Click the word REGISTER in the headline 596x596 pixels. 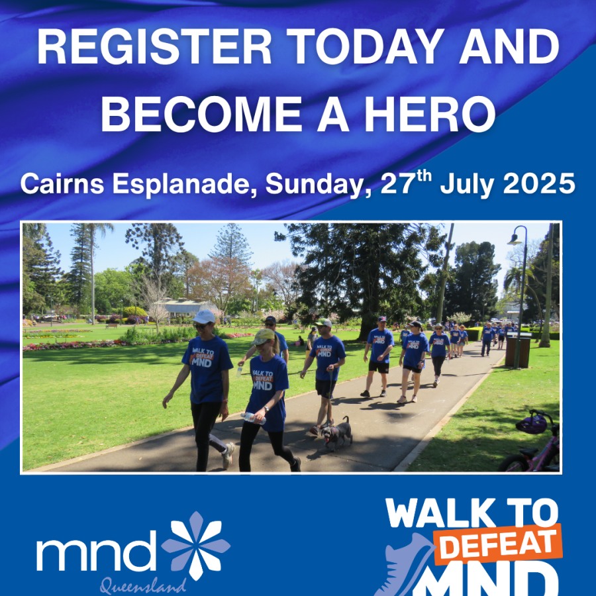(154, 47)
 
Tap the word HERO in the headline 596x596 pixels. (430, 113)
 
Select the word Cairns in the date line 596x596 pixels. (62, 183)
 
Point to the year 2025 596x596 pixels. (539, 183)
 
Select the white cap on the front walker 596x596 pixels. (204, 317)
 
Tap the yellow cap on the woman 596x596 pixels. (264, 336)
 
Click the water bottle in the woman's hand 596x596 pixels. (253, 418)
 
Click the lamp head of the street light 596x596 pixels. (515, 239)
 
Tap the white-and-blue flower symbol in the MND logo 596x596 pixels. (196, 546)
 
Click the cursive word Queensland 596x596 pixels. (143, 586)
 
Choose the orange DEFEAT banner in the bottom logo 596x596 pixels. (498, 544)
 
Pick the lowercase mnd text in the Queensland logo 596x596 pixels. (96, 551)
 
